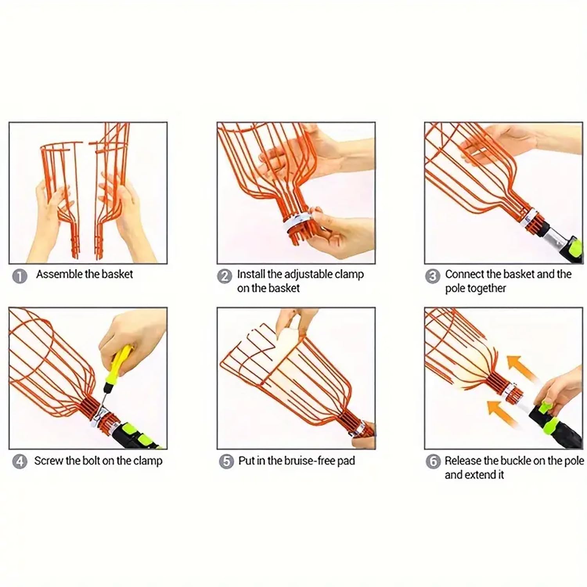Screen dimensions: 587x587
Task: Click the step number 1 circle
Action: pos(20,276)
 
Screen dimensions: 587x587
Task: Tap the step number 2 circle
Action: pos(224,276)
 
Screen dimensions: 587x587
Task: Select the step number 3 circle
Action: pos(432,276)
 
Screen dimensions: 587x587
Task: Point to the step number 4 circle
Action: pos(20,462)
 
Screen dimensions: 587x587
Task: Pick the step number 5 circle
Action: pos(226,462)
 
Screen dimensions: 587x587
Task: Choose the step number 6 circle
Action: pos(433,462)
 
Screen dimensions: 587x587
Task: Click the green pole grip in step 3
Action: pos(575,246)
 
